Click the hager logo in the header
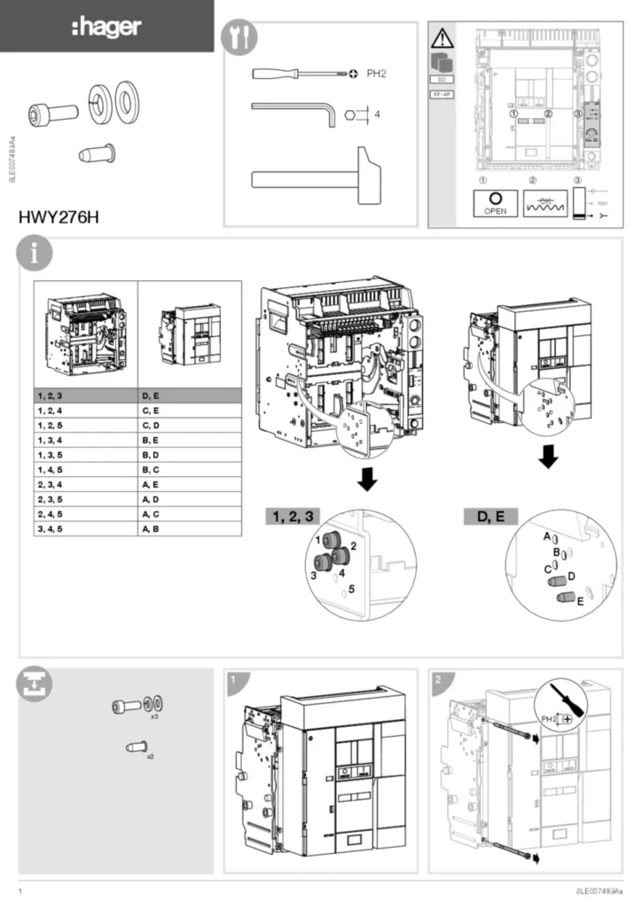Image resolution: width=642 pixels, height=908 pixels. (x=106, y=27)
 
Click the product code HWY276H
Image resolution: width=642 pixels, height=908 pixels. (x=58, y=215)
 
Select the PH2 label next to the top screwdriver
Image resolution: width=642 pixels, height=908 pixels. (x=377, y=74)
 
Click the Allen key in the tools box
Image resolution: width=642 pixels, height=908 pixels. (x=294, y=110)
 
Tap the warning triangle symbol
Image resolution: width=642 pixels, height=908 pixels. (x=441, y=38)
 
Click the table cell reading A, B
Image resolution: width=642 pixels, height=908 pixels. (x=190, y=528)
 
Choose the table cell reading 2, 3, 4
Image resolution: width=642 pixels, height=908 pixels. (x=85, y=484)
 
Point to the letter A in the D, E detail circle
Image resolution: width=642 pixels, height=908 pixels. (x=546, y=537)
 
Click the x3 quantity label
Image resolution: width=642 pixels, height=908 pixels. (x=153, y=715)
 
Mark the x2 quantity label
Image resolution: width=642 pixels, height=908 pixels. (x=150, y=757)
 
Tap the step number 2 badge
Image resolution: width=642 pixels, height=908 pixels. (x=438, y=680)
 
